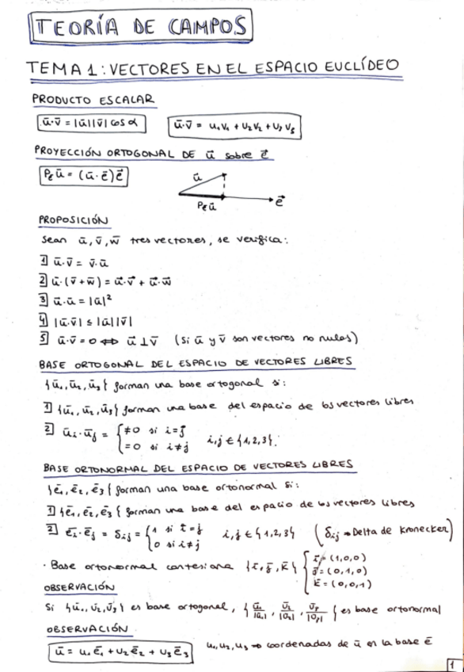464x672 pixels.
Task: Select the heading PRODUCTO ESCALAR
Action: click(93, 100)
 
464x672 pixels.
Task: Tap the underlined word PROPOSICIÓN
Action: click(73, 220)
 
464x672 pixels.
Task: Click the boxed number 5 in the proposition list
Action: click(44, 338)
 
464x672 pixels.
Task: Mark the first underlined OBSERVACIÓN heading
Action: click(78, 588)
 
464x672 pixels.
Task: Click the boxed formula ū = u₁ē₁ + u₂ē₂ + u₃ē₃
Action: click(117, 651)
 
